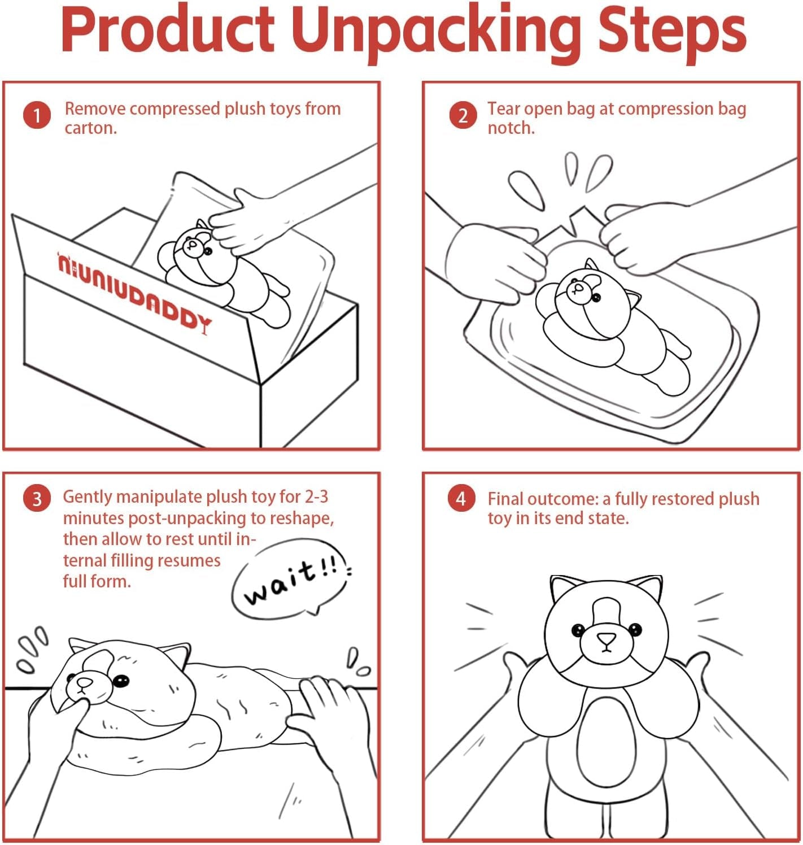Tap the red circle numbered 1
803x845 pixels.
coord(37,115)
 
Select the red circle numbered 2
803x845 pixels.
coord(463,115)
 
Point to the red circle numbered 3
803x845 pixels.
coord(37,499)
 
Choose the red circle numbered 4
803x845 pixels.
coord(461,499)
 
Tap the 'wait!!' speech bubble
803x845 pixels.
coord(291,578)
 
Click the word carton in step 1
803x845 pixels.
coord(91,128)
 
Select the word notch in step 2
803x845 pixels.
coord(510,128)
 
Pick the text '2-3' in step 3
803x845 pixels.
coord(316,497)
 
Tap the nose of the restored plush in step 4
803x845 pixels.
coord(606,639)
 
